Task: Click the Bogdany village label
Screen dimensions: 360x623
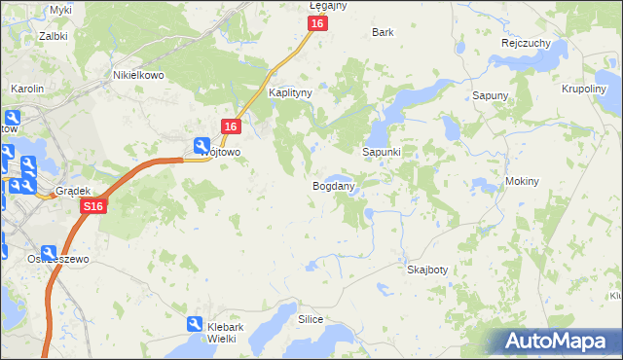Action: pyautogui.click(x=333, y=185)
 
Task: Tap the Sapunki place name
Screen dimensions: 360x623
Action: pyautogui.click(x=382, y=153)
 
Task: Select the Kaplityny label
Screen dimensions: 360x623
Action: pyautogui.click(x=289, y=92)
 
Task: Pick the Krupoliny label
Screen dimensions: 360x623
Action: pyautogui.click(x=584, y=89)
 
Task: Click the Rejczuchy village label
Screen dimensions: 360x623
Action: pyautogui.click(x=527, y=44)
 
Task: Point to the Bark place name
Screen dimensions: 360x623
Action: pyautogui.click(x=383, y=32)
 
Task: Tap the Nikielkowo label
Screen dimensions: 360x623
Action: pyautogui.click(x=137, y=74)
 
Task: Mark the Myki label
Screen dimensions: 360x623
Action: pyautogui.click(x=60, y=10)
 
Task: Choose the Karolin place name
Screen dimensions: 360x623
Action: pyautogui.click(x=27, y=89)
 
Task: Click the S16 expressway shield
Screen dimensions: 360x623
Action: pyautogui.click(x=92, y=207)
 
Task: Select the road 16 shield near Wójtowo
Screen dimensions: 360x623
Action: pyautogui.click(x=231, y=126)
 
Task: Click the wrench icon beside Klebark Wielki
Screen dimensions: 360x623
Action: pyautogui.click(x=195, y=324)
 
